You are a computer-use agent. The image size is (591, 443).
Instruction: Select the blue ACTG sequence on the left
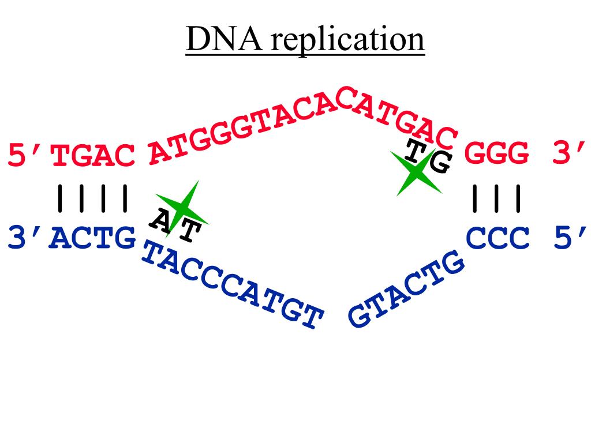[x=93, y=238]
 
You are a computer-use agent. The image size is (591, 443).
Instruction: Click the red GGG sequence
[x=497, y=155]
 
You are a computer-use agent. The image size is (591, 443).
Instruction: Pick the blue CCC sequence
[x=498, y=238]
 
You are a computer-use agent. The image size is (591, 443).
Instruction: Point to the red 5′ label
[x=26, y=156]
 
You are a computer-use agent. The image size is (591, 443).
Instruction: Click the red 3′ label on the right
[x=569, y=154]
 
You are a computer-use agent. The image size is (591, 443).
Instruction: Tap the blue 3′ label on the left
[x=26, y=238]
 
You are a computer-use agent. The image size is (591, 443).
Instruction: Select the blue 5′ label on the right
[x=569, y=238]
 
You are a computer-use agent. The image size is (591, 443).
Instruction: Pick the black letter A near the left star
[x=160, y=220]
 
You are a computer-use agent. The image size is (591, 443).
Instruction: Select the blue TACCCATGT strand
[x=231, y=286]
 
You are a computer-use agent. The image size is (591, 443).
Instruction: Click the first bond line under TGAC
[x=59, y=198]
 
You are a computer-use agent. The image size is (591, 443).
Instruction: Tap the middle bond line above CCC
[x=497, y=198]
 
